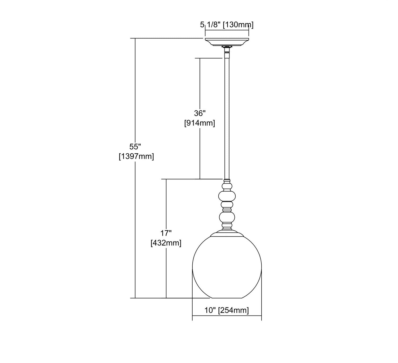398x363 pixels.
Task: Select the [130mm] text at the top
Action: click(x=238, y=25)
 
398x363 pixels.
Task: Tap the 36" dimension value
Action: click(x=200, y=113)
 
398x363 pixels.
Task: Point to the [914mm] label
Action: click(x=200, y=123)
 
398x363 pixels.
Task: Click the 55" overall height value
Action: click(x=135, y=147)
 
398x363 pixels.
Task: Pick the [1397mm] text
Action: click(x=136, y=156)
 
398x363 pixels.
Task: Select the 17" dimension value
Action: click(x=166, y=233)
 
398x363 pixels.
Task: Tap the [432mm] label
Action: click(x=166, y=243)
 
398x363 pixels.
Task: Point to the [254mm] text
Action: click(x=233, y=310)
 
